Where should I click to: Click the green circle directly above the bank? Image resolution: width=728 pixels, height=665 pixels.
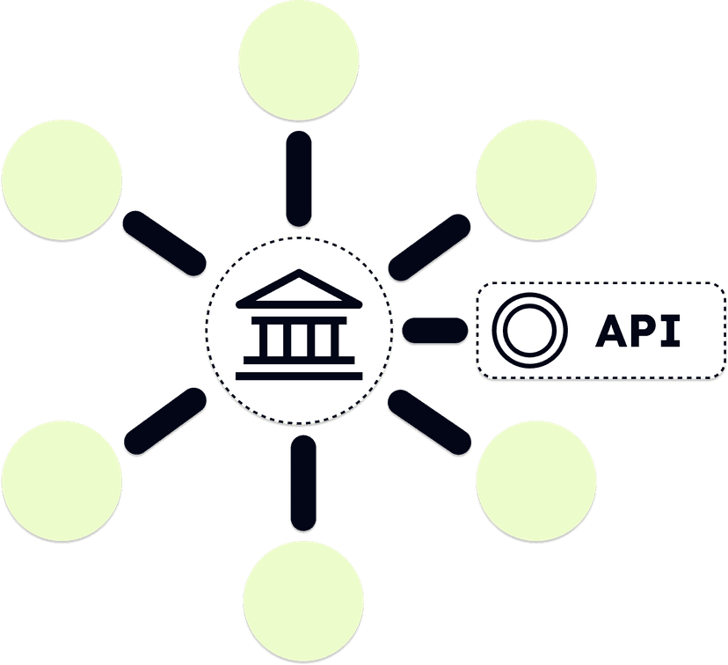tap(299, 60)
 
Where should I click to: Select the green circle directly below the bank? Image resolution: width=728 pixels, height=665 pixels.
tap(303, 600)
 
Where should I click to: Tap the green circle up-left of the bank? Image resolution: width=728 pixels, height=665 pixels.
tap(62, 179)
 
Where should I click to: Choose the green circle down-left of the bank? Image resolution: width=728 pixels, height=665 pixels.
tap(62, 479)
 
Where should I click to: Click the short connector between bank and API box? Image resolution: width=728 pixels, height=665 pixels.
tap(435, 332)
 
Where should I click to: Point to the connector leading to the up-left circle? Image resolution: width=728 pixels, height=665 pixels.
tap(164, 245)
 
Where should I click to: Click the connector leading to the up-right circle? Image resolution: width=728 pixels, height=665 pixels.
tap(430, 249)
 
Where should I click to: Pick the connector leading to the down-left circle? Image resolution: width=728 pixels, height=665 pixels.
tap(164, 420)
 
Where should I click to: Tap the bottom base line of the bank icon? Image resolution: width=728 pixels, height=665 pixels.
tap(299, 375)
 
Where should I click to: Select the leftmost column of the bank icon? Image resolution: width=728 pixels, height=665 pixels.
tap(260, 340)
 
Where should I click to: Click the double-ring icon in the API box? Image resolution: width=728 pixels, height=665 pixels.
tap(525, 331)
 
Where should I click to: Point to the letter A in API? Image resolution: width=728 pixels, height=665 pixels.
tap(614, 331)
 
